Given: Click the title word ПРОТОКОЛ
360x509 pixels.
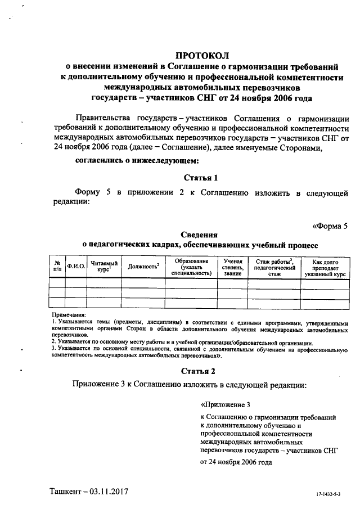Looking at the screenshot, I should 201,55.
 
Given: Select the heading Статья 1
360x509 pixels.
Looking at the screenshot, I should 201,178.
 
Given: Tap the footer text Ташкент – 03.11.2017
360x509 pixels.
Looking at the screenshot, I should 88,492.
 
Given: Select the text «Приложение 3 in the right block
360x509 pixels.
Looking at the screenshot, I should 224,404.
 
